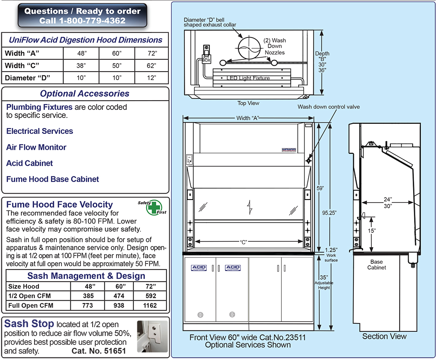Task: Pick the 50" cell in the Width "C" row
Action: pos(117,66)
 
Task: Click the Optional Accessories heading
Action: pos(85,94)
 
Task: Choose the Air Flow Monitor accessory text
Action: pos(36,147)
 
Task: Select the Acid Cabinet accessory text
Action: pos(29,163)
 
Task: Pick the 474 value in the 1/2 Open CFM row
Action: pos(119,296)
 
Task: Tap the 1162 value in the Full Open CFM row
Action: pos(151,305)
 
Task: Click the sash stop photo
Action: pos(153,335)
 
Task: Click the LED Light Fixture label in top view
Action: pos(248,78)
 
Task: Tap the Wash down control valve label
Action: pos(328,107)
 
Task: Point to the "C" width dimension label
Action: pos(243,242)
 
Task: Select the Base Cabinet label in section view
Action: pos(376,265)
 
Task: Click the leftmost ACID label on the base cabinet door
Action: pos(199,268)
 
